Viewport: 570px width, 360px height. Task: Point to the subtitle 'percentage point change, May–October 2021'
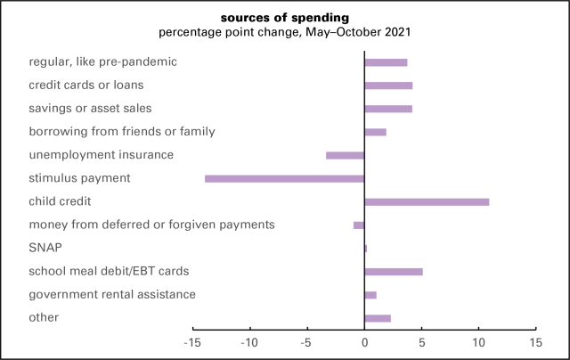(284, 33)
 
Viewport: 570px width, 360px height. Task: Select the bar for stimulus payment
(284, 178)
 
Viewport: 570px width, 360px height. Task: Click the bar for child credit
(427, 201)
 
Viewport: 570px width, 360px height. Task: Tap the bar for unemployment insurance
(345, 155)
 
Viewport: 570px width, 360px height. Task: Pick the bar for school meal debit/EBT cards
(394, 271)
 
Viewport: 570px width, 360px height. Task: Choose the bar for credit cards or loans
(388, 86)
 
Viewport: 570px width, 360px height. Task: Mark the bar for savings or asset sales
(388, 109)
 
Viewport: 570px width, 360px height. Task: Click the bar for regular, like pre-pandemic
(386, 62)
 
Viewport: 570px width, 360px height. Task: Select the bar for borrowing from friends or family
(375, 132)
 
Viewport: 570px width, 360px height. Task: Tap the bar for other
(378, 318)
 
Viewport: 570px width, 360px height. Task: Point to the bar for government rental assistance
(370, 295)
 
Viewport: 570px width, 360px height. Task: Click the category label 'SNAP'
(45, 248)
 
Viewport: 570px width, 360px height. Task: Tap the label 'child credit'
(61, 201)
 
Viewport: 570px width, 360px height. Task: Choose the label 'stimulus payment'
(79, 178)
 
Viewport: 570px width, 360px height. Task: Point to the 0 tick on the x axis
(364, 342)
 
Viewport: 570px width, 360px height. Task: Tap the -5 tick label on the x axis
(306, 342)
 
